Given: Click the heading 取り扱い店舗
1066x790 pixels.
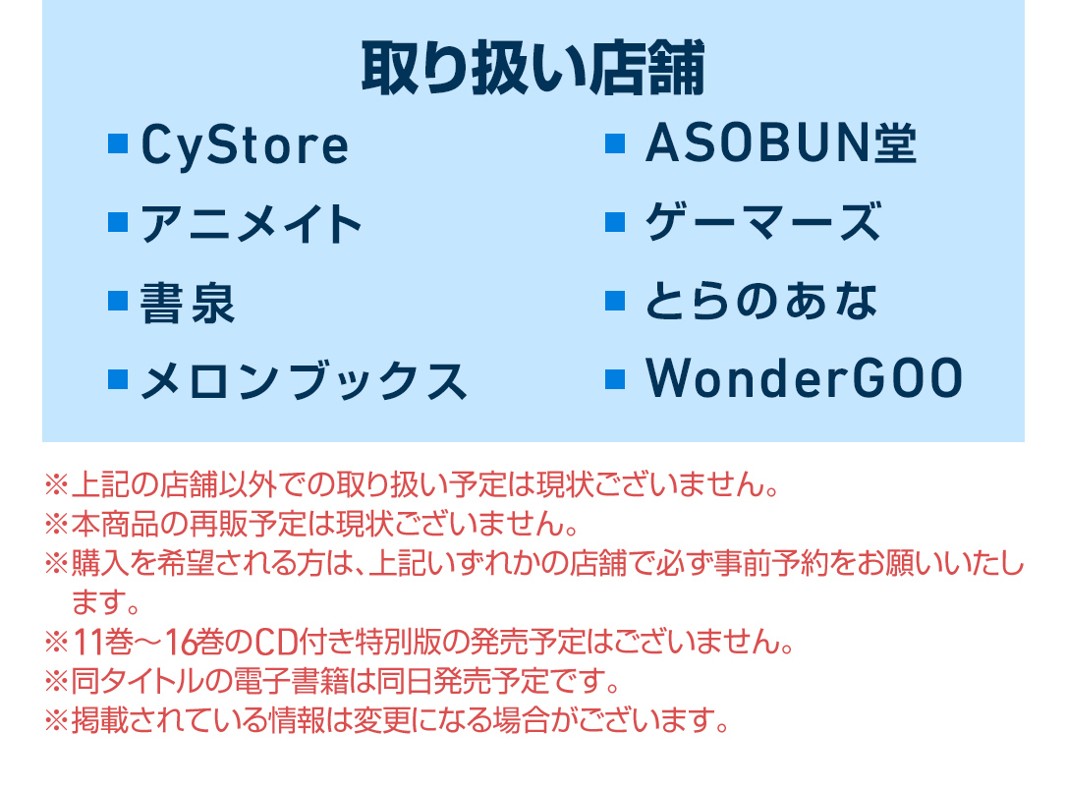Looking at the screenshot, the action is point(533,69).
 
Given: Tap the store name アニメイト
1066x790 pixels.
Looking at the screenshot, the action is point(251,224).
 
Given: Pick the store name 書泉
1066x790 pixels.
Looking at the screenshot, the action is point(188,303).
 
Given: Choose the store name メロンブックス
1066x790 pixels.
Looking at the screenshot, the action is point(304,380).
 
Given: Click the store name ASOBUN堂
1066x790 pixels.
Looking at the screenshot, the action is point(781,143).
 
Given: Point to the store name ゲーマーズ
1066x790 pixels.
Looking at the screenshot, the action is point(763,222).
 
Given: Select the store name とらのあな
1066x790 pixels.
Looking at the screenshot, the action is point(761,301).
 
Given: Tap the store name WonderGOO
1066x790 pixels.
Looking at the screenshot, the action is point(805,378).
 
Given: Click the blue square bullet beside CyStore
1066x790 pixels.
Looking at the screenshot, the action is point(118,144).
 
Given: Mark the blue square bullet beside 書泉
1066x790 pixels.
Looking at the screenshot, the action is point(118,301).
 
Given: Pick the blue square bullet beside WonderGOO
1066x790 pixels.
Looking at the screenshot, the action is point(615,378).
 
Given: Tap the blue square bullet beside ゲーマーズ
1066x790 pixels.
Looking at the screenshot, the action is point(615,222).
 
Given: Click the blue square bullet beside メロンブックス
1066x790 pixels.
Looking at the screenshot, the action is point(118,378).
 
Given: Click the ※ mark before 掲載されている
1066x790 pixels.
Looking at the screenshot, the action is point(56,720).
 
